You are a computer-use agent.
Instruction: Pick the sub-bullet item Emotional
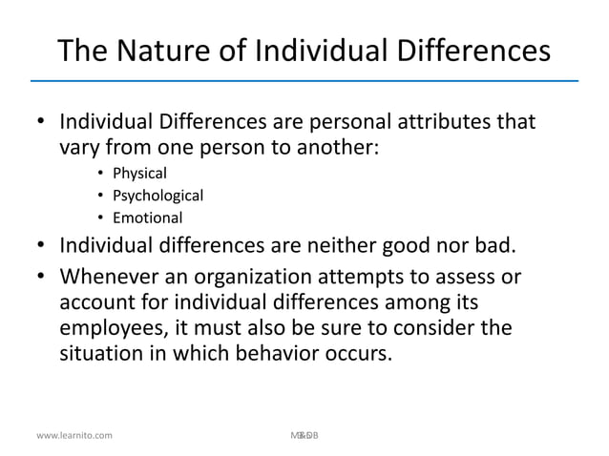tap(146, 219)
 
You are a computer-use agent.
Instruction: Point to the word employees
tap(115, 329)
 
